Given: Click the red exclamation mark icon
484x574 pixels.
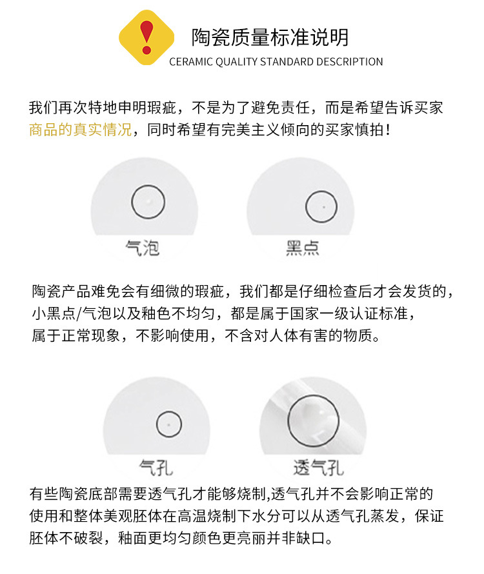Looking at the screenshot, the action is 146,37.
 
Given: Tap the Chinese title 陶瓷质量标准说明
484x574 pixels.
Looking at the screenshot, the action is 270,37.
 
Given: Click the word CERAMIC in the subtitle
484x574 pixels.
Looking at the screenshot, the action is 191,61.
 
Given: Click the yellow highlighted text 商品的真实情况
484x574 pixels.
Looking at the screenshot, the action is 80,130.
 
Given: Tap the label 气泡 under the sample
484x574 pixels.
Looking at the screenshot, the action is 143,248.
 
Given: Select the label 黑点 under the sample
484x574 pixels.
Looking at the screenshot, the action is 303,248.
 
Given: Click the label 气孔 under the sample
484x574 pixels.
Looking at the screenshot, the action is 156,468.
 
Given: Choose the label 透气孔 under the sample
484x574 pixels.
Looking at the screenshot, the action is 318,468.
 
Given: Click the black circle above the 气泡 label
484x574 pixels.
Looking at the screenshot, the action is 148,186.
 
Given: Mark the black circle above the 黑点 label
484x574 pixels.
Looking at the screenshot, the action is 321,191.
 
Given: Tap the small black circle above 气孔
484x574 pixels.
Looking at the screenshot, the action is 169,411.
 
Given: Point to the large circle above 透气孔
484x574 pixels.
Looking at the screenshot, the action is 313,396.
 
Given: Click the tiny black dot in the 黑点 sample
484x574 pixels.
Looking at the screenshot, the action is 323,207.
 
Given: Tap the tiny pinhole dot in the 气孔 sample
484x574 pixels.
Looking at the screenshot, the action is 168,424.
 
